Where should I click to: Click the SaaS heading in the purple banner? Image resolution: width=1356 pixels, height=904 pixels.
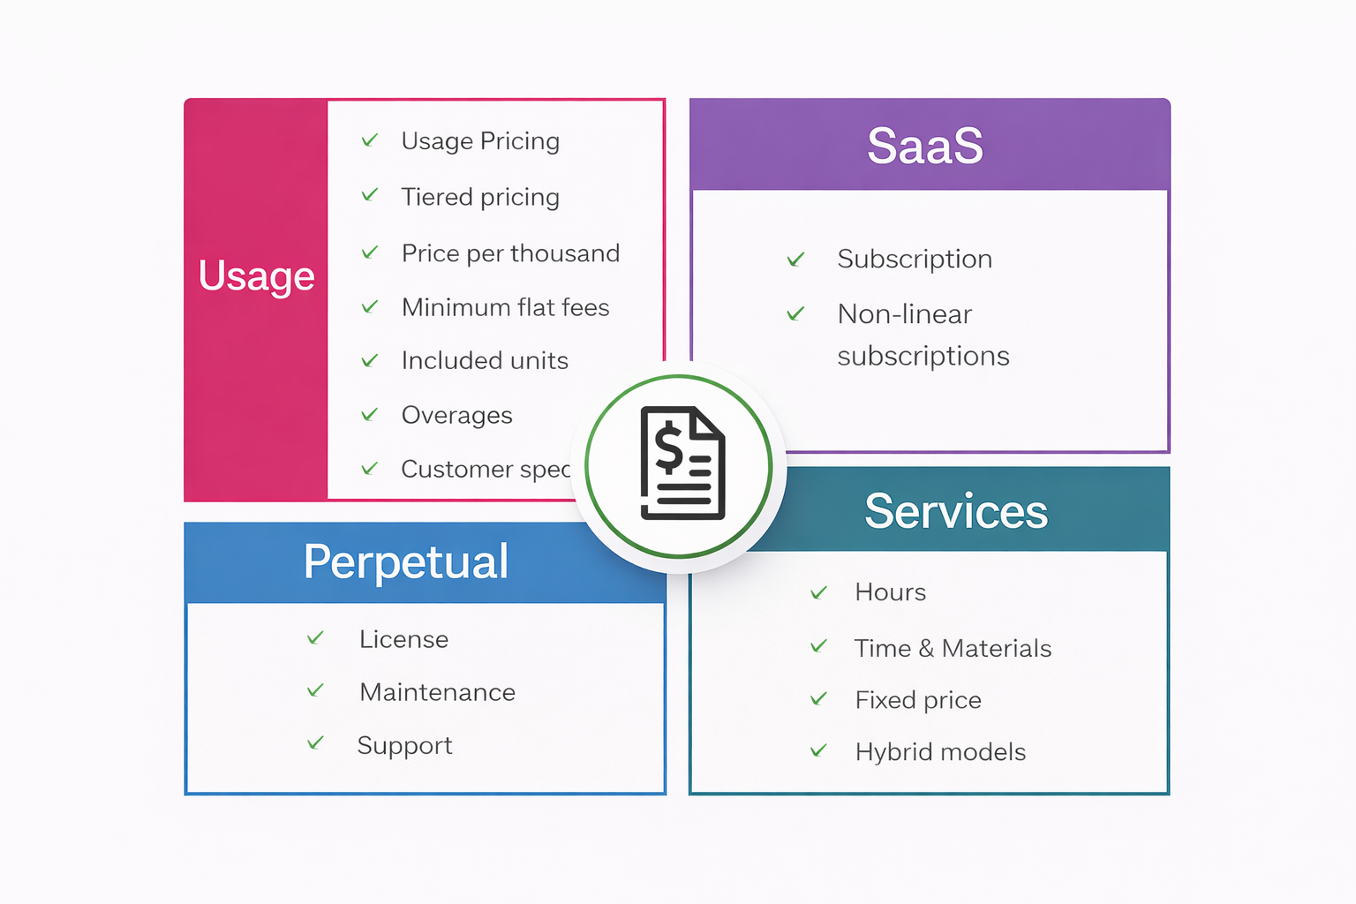(924, 147)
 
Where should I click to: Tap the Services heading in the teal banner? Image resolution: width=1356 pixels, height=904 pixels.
(955, 511)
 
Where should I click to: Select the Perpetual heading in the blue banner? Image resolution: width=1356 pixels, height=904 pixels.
(405, 561)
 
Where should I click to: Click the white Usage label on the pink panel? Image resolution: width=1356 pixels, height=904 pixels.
(256, 276)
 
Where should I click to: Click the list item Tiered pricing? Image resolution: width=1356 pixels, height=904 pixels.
(479, 197)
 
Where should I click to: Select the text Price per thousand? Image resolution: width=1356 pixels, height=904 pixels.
(510, 253)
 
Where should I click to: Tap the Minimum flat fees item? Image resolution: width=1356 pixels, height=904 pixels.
(505, 307)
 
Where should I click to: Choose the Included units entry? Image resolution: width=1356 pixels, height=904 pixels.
(484, 360)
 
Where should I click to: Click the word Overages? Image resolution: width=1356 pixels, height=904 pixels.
(456, 415)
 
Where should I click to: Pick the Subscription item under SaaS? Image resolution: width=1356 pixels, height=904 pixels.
(914, 260)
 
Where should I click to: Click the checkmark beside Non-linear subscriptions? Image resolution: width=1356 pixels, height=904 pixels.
(795, 313)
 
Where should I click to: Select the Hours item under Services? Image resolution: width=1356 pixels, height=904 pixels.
(890, 592)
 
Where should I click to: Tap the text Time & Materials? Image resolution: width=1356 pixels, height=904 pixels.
(953, 649)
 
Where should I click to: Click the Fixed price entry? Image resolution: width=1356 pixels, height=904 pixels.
(917, 700)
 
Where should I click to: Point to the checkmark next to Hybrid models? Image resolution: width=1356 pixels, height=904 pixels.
(818, 751)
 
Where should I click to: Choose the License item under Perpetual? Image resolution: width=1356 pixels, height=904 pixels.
(403, 639)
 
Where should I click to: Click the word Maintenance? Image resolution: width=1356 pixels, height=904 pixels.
(437, 692)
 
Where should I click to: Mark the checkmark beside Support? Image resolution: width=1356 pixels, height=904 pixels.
(315, 743)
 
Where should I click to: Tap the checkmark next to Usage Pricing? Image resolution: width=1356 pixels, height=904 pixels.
(370, 140)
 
